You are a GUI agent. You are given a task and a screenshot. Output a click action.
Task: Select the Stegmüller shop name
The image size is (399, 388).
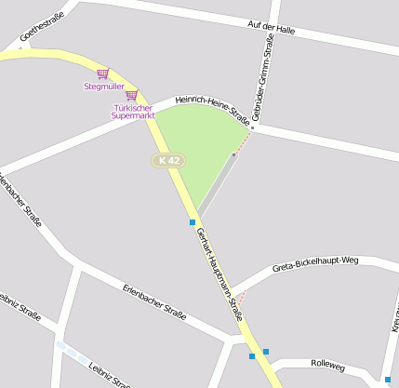[x=103, y=87]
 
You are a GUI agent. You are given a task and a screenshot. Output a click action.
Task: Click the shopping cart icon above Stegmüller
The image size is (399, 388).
[x=102, y=74]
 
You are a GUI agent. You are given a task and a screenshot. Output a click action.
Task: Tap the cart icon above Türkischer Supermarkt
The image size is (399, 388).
[x=131, y=95]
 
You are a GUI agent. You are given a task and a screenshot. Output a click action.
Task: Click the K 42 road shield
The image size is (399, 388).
[x=169, y=161]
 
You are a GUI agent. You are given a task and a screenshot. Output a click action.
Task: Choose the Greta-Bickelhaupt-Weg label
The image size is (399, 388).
[x=315, y=263]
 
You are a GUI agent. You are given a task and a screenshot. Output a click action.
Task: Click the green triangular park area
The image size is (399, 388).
[x=196, y=149]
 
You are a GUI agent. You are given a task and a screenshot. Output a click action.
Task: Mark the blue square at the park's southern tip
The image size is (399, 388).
[x=193, y=221]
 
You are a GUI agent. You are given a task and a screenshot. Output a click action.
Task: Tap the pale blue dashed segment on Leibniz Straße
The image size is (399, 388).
[x=72, y=353]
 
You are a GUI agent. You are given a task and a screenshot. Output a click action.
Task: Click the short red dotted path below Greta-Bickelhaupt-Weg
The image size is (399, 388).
[x=242, y=299]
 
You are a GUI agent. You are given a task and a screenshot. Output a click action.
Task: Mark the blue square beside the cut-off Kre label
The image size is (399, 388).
[x=388, y=380]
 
